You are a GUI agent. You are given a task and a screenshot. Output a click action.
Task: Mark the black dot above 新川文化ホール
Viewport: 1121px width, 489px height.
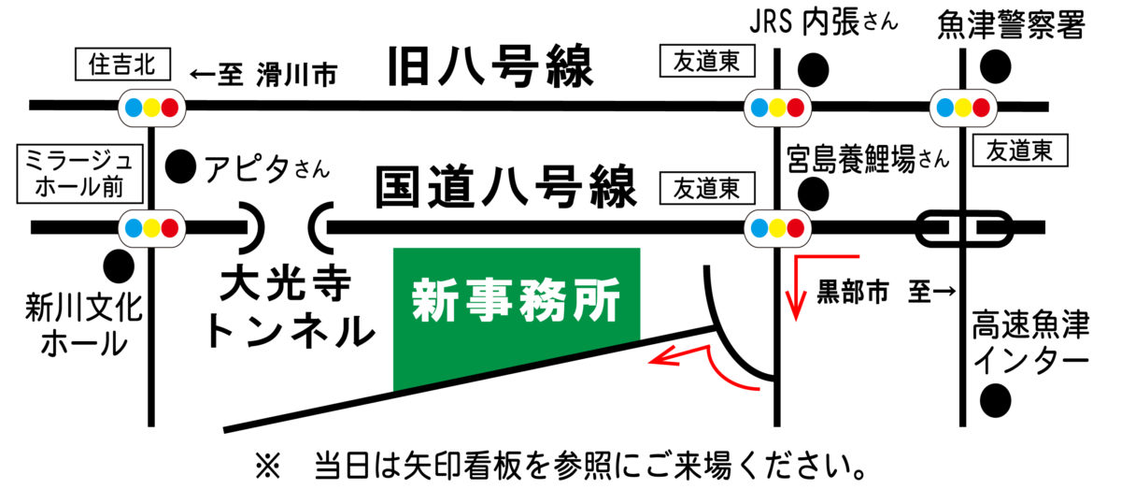pos(118,266)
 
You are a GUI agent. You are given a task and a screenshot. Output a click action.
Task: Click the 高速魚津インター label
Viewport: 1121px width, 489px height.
pos(1029,341)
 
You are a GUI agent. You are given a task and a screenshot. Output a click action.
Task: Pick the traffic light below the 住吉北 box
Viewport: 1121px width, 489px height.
pos(149,107)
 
